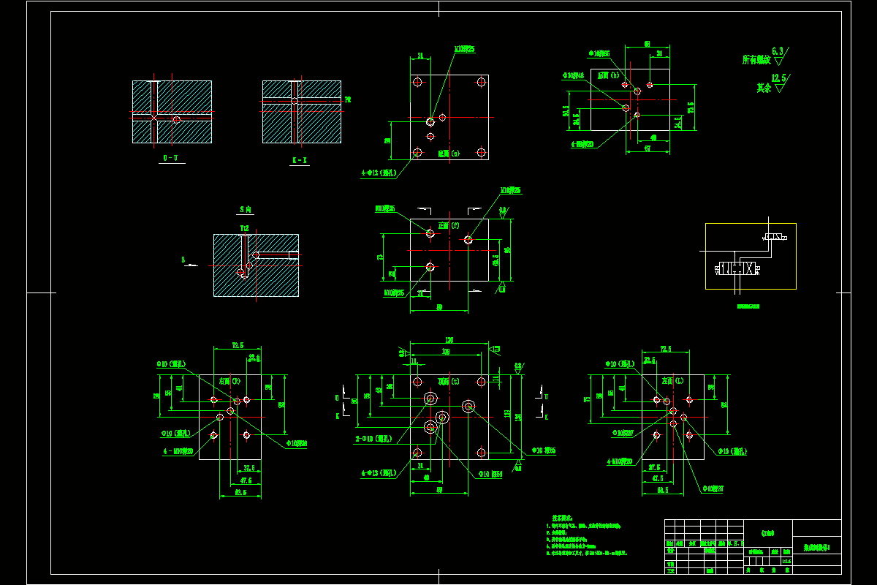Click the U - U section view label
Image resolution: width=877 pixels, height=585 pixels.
tap(170, 158)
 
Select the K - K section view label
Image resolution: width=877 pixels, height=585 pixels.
tap(300, 159)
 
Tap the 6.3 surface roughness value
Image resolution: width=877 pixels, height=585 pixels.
tap(778, 51)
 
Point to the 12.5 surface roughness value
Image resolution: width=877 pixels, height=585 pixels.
tap(781, 78)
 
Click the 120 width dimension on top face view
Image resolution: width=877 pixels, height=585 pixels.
tap(449, 341)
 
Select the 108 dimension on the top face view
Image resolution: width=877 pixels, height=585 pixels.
tap(446, 352)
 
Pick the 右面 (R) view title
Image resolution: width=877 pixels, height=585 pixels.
tap(230, 381)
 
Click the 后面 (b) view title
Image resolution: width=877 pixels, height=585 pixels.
tap(609, 75)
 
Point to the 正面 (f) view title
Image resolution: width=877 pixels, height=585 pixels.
tap(448, 225)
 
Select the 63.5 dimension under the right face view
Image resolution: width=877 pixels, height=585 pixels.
tap(239, 493)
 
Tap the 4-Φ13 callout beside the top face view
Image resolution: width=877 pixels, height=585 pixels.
tap(377, 473)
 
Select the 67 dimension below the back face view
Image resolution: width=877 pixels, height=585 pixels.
tap(648, 148)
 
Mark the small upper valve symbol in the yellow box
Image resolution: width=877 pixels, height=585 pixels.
tap(775, 238)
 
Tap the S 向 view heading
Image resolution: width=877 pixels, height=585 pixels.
tap(246, 210)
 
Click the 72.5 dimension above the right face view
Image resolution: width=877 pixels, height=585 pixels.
tap(238, 345)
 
